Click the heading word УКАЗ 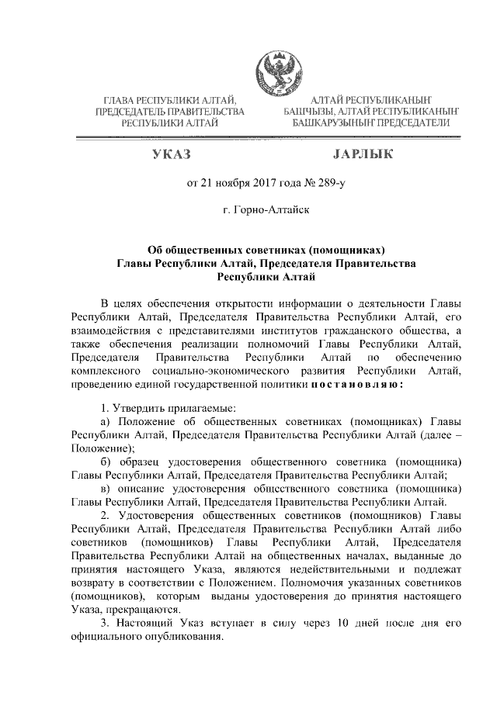[x=172, y=155]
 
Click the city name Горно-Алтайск [x=274, y=210]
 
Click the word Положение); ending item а [x=103, y=448]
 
